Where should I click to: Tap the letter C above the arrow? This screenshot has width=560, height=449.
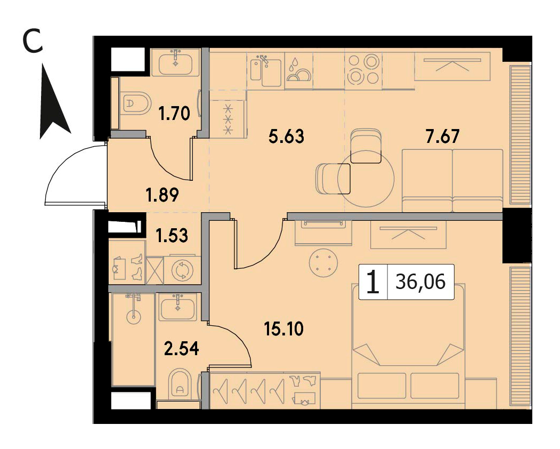click(33, 41)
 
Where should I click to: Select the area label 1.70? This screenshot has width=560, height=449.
click(174, 114)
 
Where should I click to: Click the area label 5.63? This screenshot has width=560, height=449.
click(286, 137)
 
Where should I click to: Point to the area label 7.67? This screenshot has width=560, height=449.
click(442, 137)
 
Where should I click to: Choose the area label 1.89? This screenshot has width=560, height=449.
click(163, 196)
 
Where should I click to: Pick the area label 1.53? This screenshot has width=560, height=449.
click(172, 236)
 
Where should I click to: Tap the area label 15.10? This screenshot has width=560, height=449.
click(284, 329)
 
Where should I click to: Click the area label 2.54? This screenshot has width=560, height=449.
click(182, 349)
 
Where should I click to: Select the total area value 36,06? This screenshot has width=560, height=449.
click(421, 282)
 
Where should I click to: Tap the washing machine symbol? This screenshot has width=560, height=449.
click(182, 270)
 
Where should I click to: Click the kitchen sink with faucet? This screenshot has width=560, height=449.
click(266, 70)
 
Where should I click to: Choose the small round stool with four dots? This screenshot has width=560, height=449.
click(322, 263)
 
